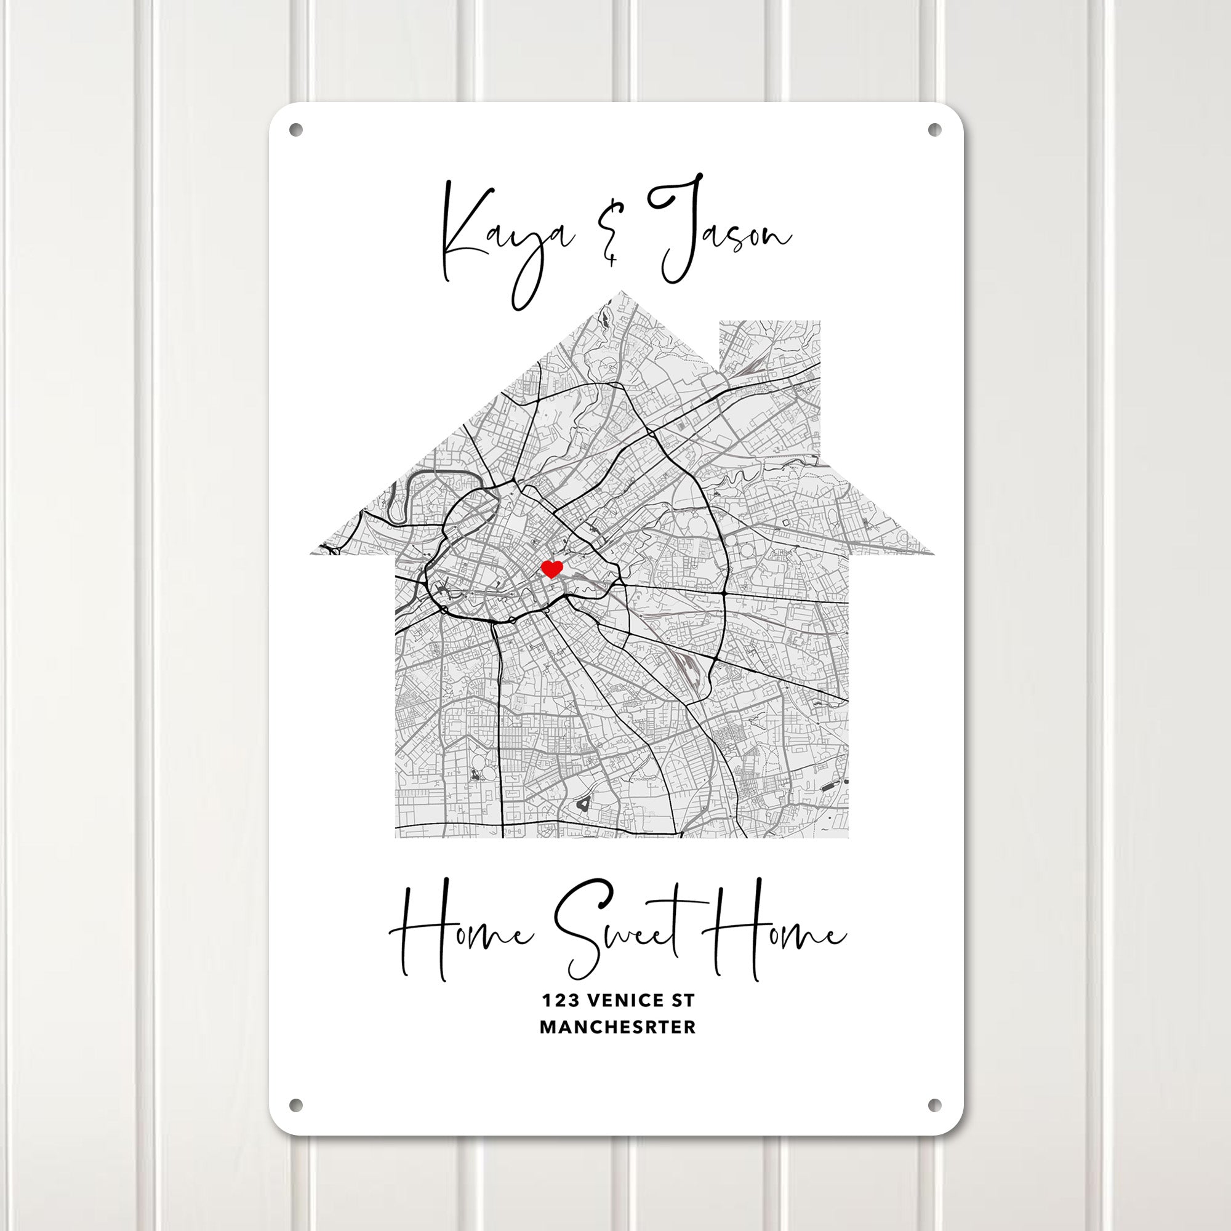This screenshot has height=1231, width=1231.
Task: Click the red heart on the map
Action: (x=551, y=568)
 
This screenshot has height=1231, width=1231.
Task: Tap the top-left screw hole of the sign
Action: (x=295, y=130)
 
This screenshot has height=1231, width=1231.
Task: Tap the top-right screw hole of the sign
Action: (x=934, y=130)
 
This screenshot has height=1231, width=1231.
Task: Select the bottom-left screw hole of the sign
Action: (x=295, y=1104)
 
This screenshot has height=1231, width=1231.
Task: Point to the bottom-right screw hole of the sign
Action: (x=934, y=1104)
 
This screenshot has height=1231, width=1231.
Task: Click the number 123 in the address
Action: (x=560, y=1001)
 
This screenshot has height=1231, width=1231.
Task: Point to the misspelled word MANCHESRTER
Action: (x=617, y=1027)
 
